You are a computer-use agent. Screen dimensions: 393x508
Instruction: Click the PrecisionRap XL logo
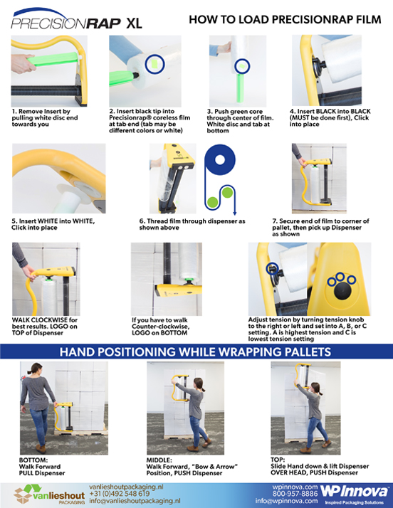click(x=76, y=19)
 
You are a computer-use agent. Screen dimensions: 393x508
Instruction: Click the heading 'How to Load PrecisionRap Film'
click(x=285, y=19)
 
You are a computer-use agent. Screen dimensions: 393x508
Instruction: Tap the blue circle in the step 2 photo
click(x=155, y=64)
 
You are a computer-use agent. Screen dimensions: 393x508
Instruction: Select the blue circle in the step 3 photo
click(x=242, y=66)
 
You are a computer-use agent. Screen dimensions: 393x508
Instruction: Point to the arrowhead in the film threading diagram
click(x=234, y=213)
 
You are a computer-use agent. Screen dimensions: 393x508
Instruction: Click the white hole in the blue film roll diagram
click(x=220, y=160)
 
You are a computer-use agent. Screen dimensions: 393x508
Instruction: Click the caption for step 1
click(x=45, y=117)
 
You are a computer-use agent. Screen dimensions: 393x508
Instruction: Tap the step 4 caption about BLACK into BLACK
click(x=330, y=117)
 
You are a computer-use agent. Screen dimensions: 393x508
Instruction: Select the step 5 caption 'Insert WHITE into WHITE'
click(x=53, y=224)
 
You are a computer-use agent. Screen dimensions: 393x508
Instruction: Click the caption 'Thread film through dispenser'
click(x=192, y=224)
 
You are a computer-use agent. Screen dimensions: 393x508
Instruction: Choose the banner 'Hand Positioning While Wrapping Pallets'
click(x=195, y=352)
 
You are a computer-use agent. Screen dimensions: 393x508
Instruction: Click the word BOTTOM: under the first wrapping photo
click(x=33, y=460)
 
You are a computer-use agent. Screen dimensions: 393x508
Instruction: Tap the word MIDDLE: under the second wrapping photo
click(x=159, y=460)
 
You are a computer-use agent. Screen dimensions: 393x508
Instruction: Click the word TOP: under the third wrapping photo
click(x=278, y=460)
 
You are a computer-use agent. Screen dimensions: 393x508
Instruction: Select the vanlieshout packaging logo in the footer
click(x=49, y=494)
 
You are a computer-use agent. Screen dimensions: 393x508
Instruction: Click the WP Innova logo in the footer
click(x=355, y=494)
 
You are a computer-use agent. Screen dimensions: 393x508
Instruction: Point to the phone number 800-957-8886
click(x=295, y=494)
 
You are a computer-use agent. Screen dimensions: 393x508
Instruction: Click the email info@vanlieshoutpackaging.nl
click(x=135, y=501)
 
